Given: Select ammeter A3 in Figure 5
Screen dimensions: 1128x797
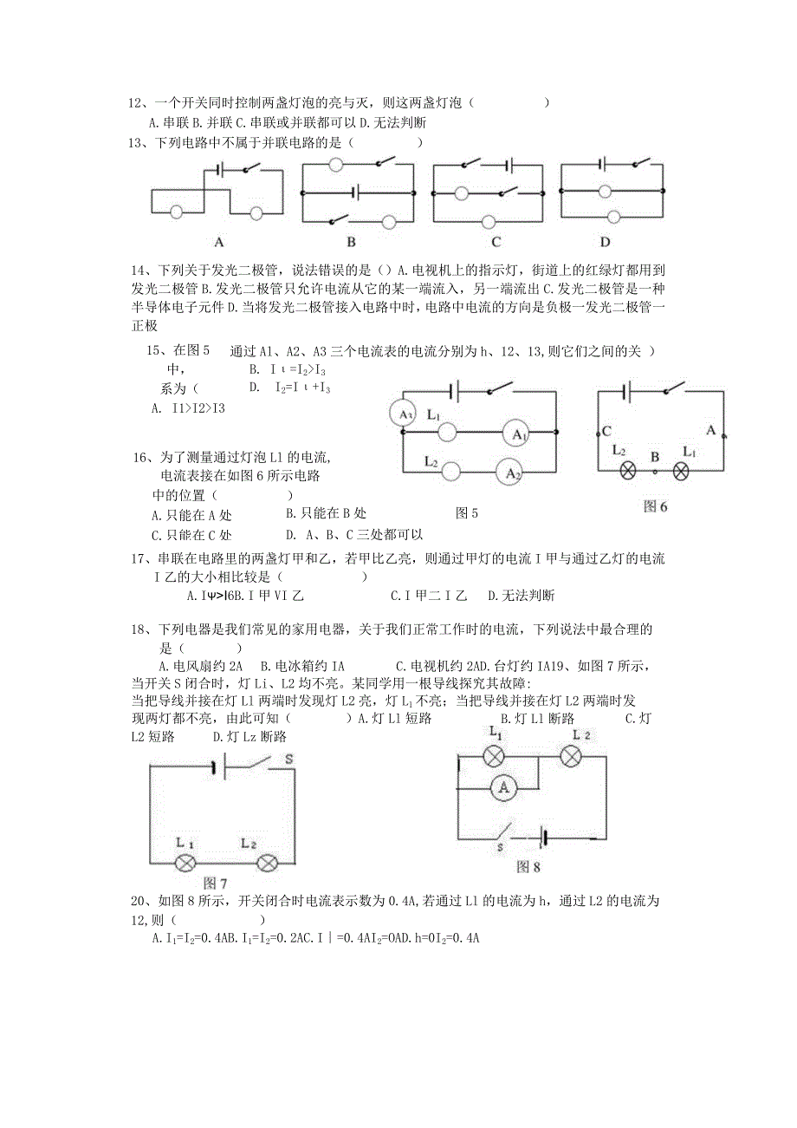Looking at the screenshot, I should coord(405,414).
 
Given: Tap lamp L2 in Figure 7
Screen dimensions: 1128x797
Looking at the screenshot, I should coord(267,863).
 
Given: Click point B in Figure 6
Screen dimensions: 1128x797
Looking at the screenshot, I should coord(655,456).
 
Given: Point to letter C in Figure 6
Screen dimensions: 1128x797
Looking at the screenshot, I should coord(607,431).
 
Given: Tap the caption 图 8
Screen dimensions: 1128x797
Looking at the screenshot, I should coord(528,865).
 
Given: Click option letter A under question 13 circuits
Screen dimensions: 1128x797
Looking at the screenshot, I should coord(219,242).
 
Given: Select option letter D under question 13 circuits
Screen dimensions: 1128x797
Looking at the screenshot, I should coord(605,242).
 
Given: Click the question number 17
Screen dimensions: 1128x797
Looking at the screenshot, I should coord(139,558).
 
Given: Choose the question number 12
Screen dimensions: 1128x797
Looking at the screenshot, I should coord(135,103).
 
